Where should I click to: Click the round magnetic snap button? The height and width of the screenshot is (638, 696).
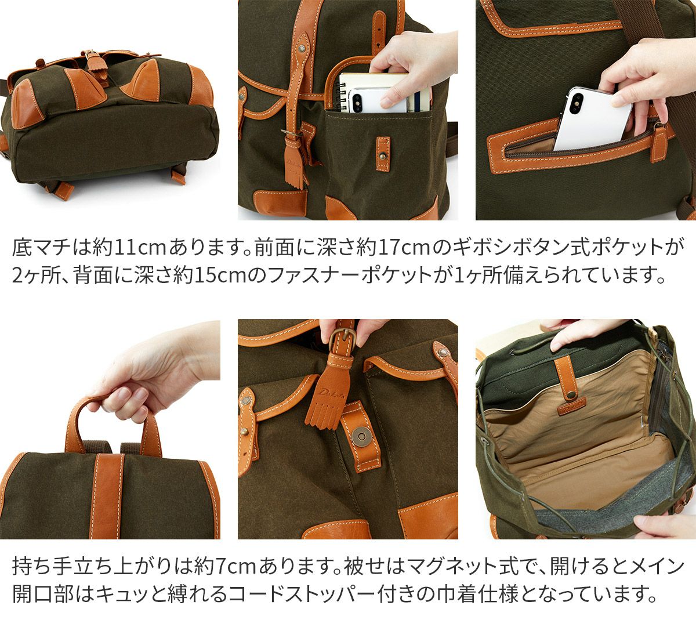pos(361,436)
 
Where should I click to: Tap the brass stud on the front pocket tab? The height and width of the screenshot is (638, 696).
pos(383,157)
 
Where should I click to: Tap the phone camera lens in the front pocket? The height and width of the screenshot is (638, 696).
pos(357,100)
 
